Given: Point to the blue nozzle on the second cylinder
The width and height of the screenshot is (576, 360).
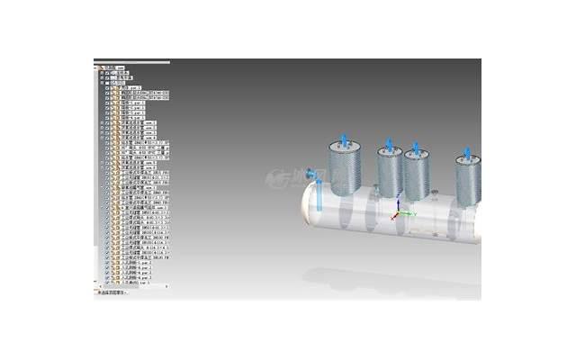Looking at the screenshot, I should (x=389, y=145).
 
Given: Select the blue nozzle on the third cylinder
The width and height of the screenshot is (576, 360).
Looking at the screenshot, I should (x=417, y=147).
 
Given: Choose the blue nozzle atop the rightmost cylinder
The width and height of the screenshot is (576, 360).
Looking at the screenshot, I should (x=467, y=153).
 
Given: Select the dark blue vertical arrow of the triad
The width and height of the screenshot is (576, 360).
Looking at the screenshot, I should (x=399, y=204).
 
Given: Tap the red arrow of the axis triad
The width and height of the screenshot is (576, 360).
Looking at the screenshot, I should (x=393, y=218).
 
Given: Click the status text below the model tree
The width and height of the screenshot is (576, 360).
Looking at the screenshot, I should (x=113, y=292).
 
